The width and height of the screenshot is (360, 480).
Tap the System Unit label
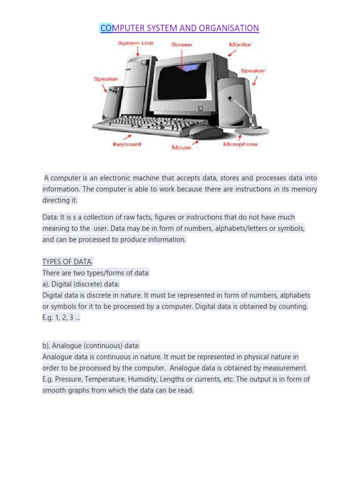pos(135,44)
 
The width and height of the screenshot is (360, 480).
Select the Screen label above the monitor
pos(181,45)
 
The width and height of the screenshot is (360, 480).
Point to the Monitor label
pos(240,45)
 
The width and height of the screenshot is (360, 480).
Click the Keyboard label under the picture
pos(127,144)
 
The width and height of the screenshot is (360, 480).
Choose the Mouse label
pos(181,148)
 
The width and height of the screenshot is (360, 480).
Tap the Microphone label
pos(240,144)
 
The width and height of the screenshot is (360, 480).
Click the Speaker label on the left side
pos(106,79)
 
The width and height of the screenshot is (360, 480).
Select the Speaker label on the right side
pos(253,71)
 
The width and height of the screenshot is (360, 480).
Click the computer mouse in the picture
pos(205,132)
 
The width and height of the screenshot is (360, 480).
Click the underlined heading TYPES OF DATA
pos(67,262)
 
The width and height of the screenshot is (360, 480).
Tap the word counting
pos(293,306)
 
